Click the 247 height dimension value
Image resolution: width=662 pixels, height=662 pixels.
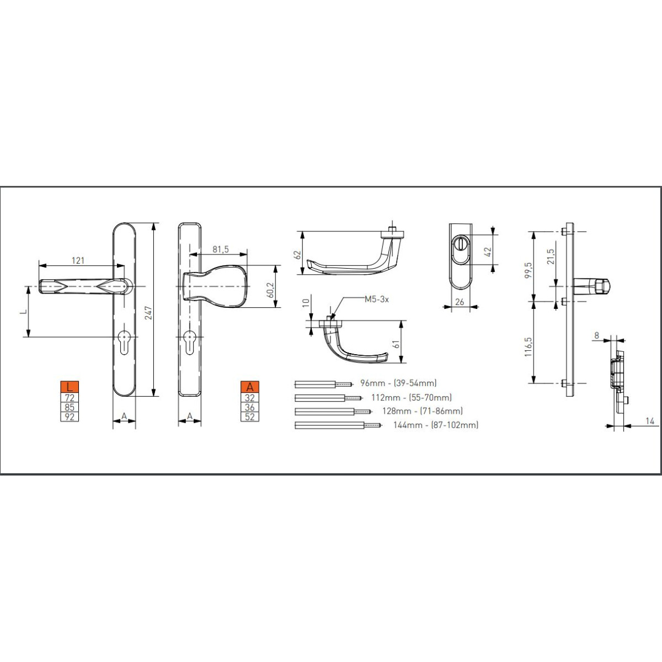[x=148, y=313]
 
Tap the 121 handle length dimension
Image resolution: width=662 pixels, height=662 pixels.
[x=78, y=260]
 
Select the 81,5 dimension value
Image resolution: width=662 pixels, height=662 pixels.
[x=221, y=249]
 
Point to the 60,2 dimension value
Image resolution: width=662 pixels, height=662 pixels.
[x=270, y=290]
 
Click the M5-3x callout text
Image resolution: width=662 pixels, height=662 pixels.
[x=377, y=299]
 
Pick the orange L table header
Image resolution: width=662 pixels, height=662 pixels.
[x=70, y=387]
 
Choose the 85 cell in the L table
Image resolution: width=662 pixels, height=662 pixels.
[x=70, y=408]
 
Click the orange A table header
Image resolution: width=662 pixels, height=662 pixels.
[x=250, y=387]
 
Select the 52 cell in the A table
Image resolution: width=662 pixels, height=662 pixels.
[x=250, y=417]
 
